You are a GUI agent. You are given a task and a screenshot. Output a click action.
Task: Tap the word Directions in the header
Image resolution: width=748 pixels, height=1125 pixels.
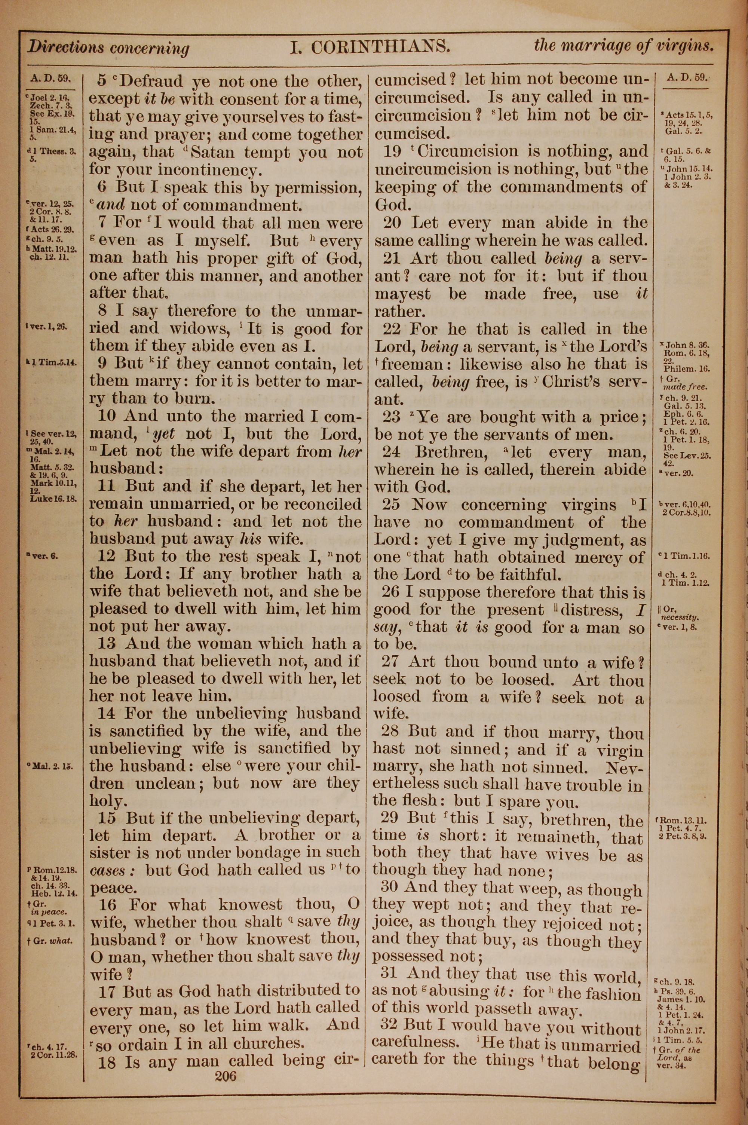coord(65,47)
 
